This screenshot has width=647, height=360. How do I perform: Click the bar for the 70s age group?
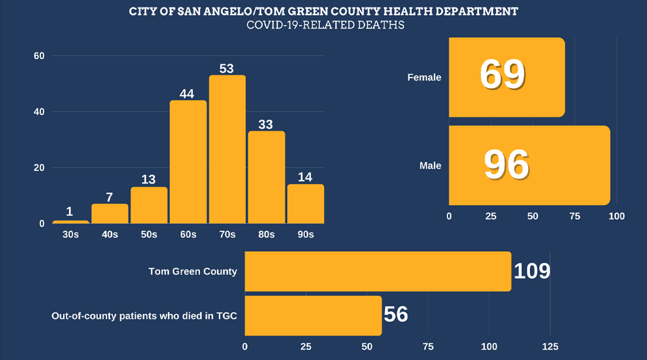(x=227, y=149)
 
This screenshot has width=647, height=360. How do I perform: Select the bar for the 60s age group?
(x=188, y=162)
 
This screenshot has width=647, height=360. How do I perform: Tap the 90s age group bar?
(x=306, y=204)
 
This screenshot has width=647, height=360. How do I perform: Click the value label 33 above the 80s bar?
(x=266, y=124)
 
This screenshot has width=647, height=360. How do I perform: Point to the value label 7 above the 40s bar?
(x=109, y=197)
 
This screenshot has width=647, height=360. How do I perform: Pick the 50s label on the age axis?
(x=149, y=234)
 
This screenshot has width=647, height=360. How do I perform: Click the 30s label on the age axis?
(x=71, y=234)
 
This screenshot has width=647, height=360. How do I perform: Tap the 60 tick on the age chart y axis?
(x=39, y=56)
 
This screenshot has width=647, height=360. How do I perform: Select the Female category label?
(x=424, y=77)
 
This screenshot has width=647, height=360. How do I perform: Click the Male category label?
(x=430, y=166)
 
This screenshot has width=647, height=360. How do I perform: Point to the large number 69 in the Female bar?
(x=502, y=75)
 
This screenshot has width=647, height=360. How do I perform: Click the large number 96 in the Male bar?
(x=506, y=165)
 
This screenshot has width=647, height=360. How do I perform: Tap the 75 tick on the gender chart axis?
(x=575, y=216)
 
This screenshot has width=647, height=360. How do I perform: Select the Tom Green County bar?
(x=378, y=271)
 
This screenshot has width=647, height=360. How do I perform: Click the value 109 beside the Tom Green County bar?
(x=531, y=271)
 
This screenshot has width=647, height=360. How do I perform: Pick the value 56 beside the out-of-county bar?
(x=396, y=314)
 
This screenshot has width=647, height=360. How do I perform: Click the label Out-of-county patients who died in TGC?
(x=144, y=316)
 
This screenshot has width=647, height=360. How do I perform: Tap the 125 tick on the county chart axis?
(x=550, y=347)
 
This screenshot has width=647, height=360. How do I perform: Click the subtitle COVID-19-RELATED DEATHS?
(x=325, y=25)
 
